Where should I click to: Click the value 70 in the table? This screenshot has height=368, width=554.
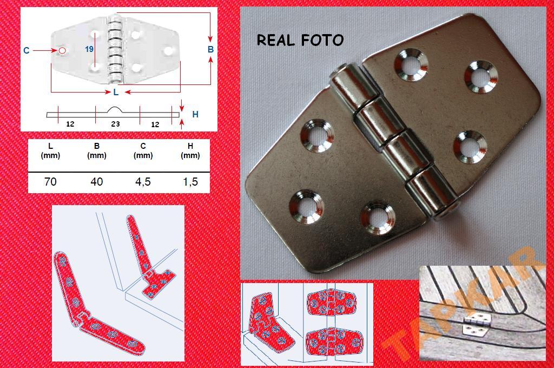[50, 182]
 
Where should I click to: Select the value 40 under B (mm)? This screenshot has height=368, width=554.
[96, 182]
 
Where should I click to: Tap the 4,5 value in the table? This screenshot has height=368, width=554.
[143, 182]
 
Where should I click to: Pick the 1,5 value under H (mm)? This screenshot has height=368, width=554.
[190, 182]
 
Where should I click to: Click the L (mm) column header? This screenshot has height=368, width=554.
[50, 150]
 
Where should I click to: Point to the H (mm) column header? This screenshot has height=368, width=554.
[190, 150]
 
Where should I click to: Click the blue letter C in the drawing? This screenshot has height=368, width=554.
[27, 50]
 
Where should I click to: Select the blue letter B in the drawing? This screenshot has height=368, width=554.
[210, 49]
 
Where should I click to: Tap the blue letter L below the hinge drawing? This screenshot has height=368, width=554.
[116, 92]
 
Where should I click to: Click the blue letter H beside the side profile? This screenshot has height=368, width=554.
[195, 114]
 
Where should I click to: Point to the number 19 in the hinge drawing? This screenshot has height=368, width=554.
[89, 49]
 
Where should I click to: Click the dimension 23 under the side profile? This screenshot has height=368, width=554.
[116, 124]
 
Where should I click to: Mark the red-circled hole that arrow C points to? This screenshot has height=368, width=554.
[62, 50]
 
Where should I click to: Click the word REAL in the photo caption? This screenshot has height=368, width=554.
[275, 40]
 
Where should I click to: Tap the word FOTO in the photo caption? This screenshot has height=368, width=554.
[322, 40]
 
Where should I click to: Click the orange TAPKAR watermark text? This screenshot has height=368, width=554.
[463, 304]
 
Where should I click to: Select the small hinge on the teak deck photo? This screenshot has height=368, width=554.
[477, 325]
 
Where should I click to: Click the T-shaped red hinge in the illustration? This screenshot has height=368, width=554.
[149, 258]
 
